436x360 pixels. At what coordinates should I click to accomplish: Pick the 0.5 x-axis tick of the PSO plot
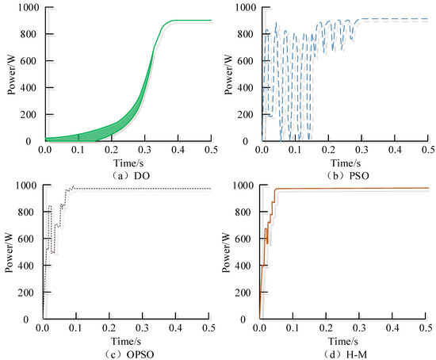426,148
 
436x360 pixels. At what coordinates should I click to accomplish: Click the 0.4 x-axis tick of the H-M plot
392,327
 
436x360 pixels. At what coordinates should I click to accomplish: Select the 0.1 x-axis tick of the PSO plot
296,148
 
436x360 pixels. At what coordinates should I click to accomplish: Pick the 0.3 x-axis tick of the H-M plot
358,327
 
